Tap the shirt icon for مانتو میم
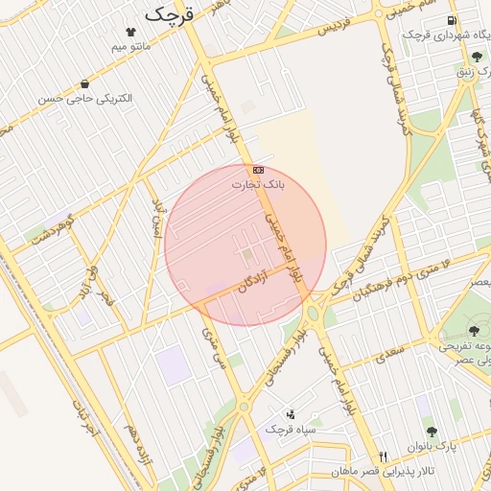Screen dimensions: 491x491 (x=130, y=32)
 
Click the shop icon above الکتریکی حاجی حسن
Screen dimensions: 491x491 (x=85, y=84)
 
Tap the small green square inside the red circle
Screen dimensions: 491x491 (x=247, y=254)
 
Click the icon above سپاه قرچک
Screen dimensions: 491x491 (x=291, y=414)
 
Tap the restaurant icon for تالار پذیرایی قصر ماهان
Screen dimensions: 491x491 (x=385, y=456)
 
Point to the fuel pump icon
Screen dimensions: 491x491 (x=451, y=21)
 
